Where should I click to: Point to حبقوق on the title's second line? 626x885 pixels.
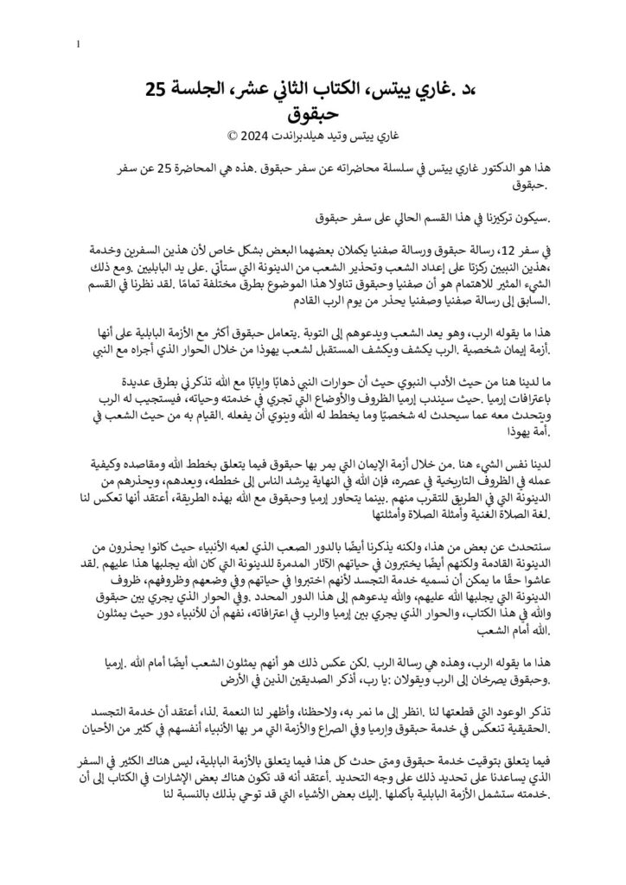312,112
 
